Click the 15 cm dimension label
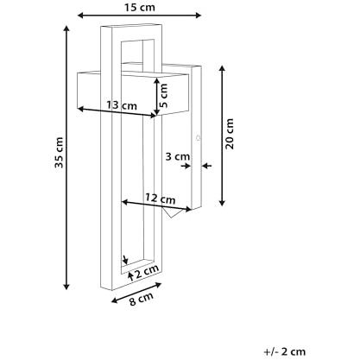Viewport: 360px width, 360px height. coord(140,7)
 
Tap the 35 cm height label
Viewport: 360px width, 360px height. coord(59,153)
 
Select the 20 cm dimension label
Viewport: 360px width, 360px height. coord(230,134)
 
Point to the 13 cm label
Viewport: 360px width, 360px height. coord(122,105)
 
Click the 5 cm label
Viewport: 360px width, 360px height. coord(163,96)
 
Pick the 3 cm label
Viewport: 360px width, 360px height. coord(178,157)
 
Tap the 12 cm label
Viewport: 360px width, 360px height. coord(160,199)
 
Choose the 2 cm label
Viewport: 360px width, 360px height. coord(147,271)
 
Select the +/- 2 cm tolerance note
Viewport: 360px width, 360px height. coord(285,351)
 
